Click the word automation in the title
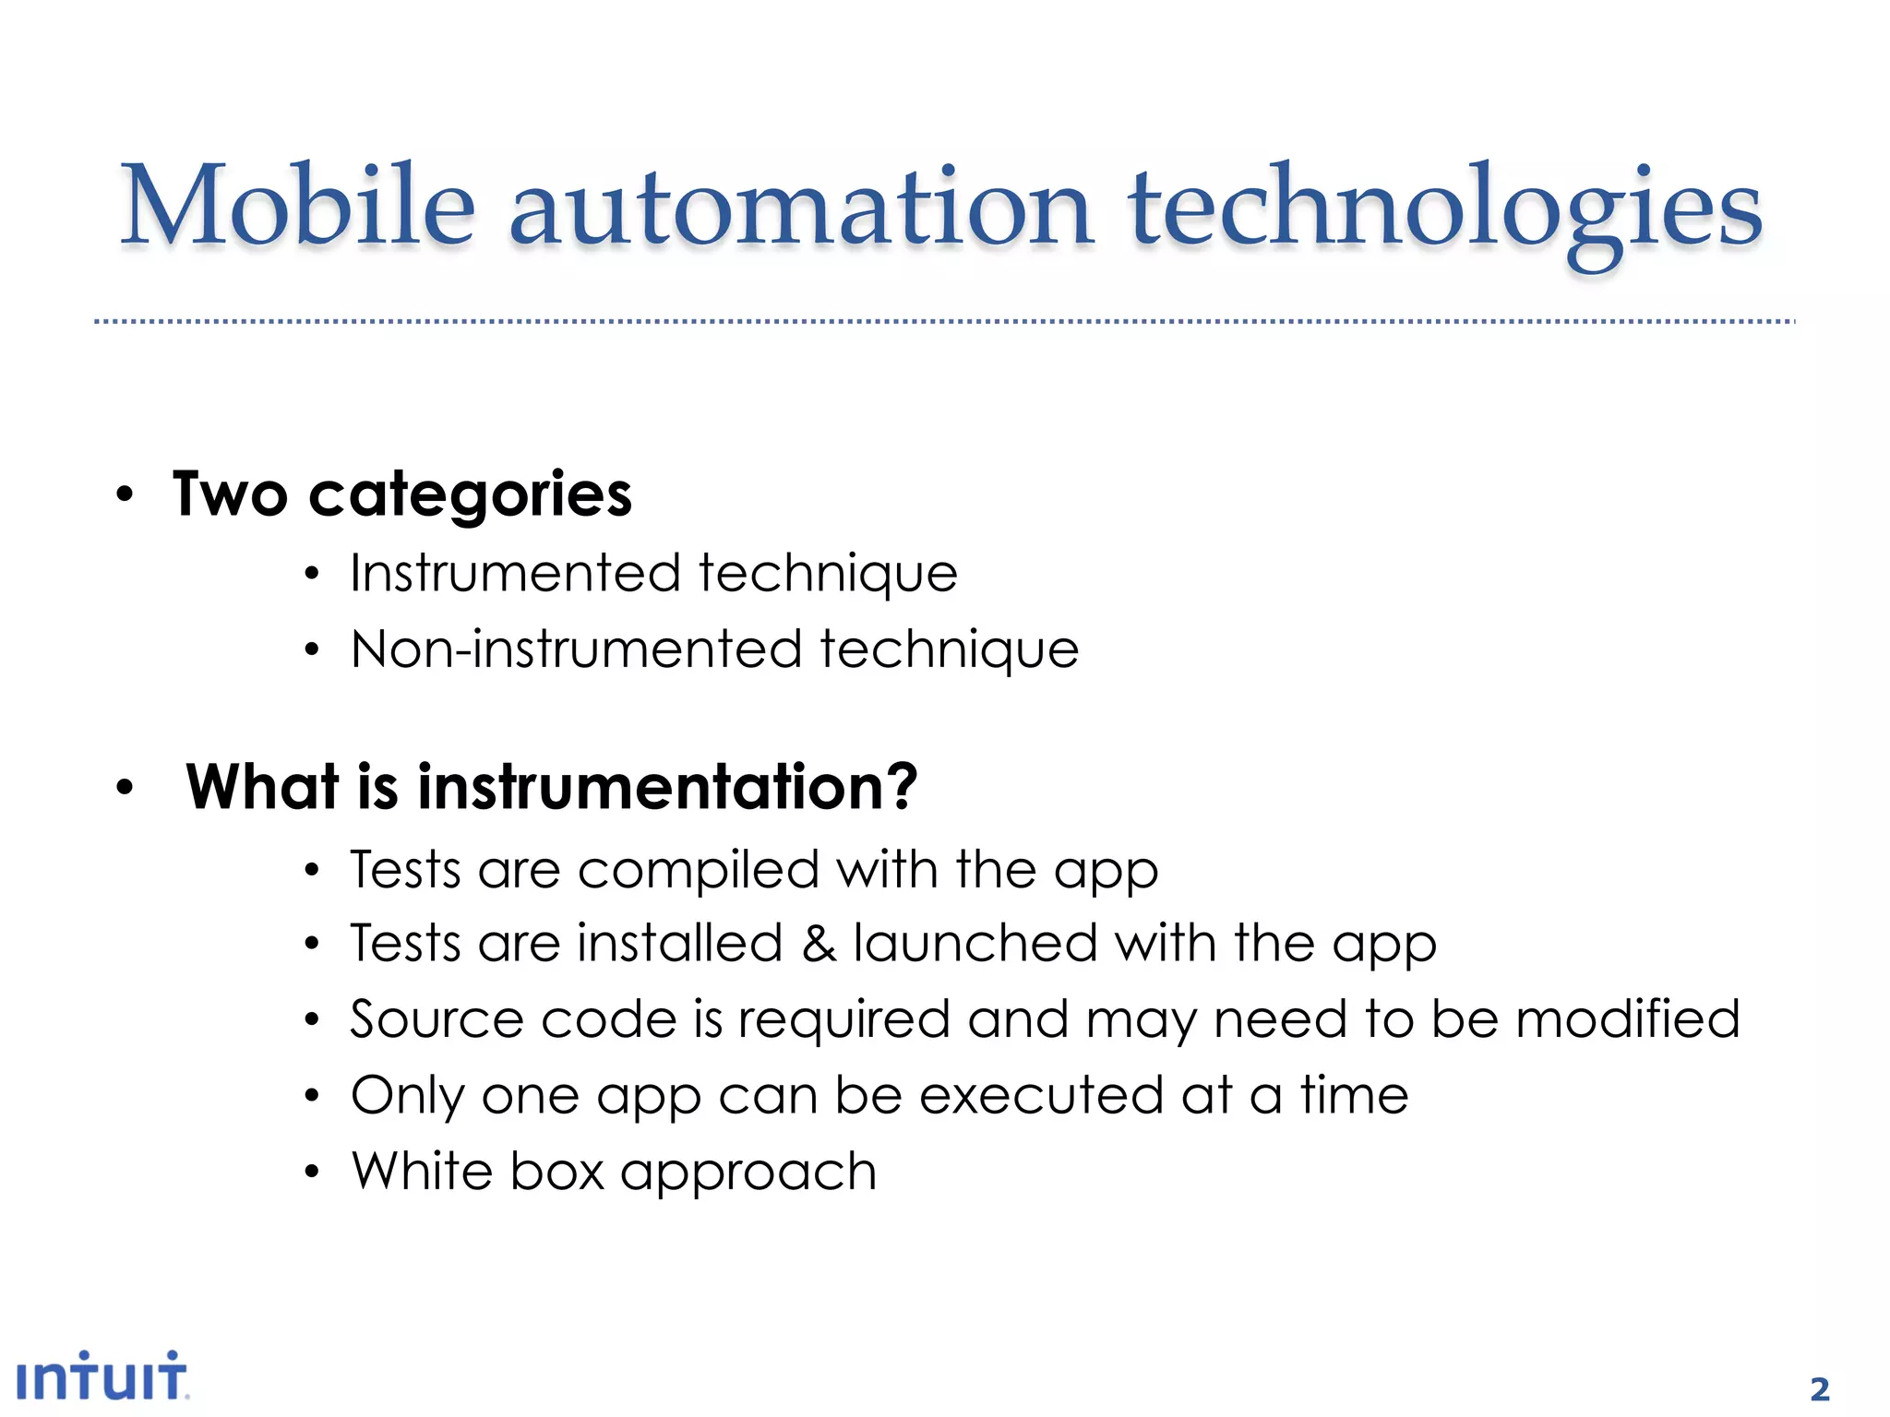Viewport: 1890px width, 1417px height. [800, 208]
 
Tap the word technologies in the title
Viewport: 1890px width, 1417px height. [1444, 212]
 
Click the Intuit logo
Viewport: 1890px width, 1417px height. [102, 1376]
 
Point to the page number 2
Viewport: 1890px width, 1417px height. [1819, 1388]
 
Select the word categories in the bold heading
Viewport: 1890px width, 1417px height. [470, 495]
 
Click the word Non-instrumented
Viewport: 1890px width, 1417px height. [576, 649]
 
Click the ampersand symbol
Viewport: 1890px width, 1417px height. [818, 944]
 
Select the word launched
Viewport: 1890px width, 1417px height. [975, 944]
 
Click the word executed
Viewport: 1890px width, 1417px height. [1041, 1095]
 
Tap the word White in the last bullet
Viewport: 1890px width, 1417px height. [423, 1171]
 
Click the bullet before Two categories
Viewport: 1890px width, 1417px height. [125, 495]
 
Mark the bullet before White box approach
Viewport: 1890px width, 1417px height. [312, 1173]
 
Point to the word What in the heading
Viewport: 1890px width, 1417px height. [262, 787]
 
